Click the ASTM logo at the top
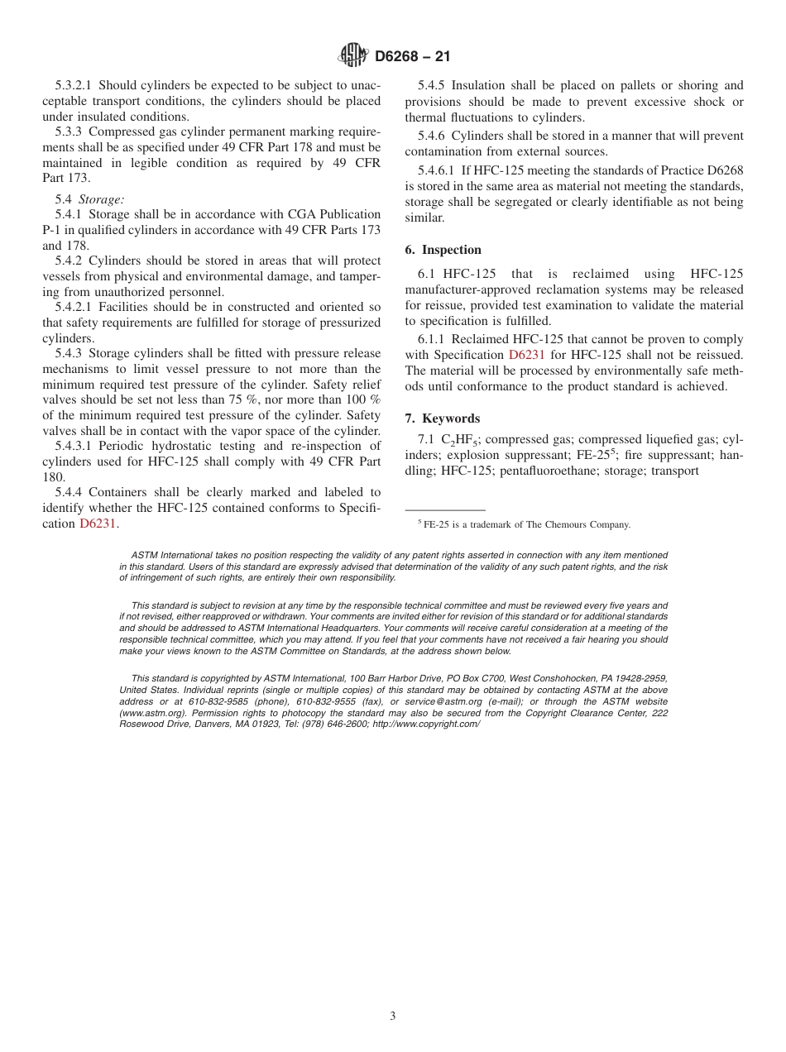coord(353,56)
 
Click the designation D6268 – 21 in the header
coord(412,57)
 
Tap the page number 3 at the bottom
coord(393,1016)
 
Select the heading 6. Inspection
coord(443,250)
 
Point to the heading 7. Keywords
coord(443,418)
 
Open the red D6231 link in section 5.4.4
coord(98,524)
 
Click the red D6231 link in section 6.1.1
coord(526,355)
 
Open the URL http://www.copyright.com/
coord(426,724)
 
